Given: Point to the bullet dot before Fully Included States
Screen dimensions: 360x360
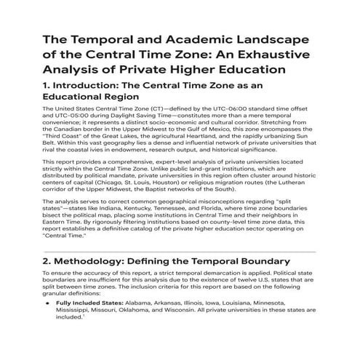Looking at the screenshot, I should pos(47,321).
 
